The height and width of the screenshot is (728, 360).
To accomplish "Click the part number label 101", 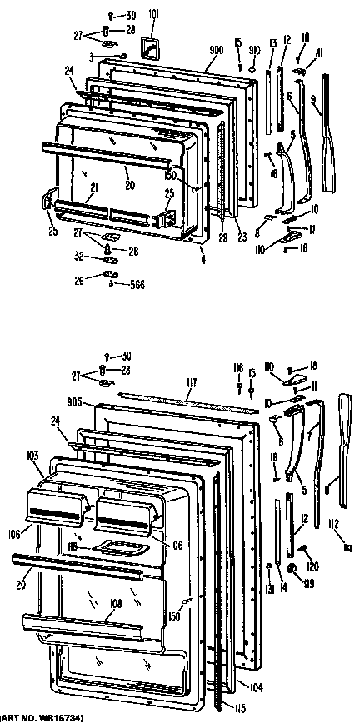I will (153, 13).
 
